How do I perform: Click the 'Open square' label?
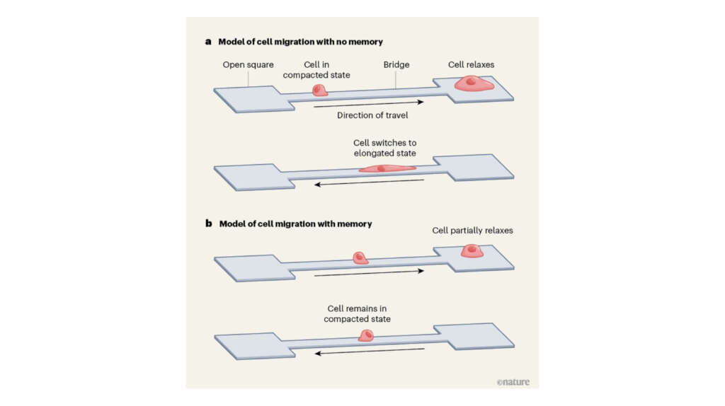click(x=248, y=65)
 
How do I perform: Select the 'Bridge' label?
click(x=396, y=65)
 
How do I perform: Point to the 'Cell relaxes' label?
click(x=471, y=65)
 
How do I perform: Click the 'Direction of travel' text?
click(x=372, y=115)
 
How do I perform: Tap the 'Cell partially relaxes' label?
click(x=473, y=231)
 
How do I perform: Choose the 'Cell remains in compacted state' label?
click(x=357, y=314)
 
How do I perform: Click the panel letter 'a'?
click(x=208, y=42)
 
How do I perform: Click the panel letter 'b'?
click(x=209, y=224)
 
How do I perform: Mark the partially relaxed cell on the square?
click(x=472, y=251)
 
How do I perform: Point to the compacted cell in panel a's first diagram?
click(x=320, y=90)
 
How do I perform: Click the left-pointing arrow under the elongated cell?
click(x=369, y=183)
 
